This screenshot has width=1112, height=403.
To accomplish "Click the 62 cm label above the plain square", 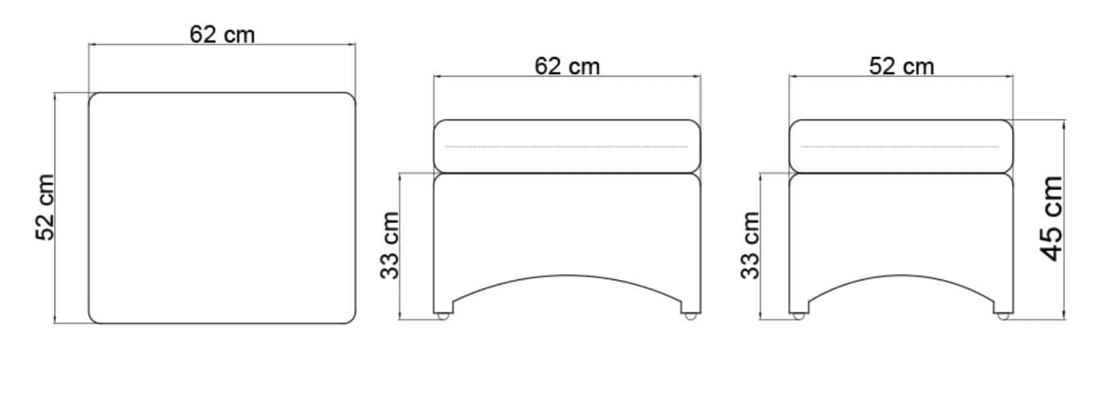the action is coord(222,35).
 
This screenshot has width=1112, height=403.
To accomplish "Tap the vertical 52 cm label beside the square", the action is coord(45,208).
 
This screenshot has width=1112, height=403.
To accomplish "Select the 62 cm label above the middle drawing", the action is coord(567,66).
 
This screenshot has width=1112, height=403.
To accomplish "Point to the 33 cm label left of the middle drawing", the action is coord(390,245).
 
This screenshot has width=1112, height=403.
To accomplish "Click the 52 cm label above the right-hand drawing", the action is coord(902,66).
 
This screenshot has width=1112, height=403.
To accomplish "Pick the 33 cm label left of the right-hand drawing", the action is coord(750,245).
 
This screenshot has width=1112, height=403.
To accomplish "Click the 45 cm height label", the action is coord(1052,219).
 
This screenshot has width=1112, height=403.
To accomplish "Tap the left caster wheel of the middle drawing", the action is coord(443,315).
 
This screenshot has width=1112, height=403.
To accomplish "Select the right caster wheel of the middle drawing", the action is coord(689,315).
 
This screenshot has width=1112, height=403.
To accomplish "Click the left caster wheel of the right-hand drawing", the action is coord(798,315).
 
